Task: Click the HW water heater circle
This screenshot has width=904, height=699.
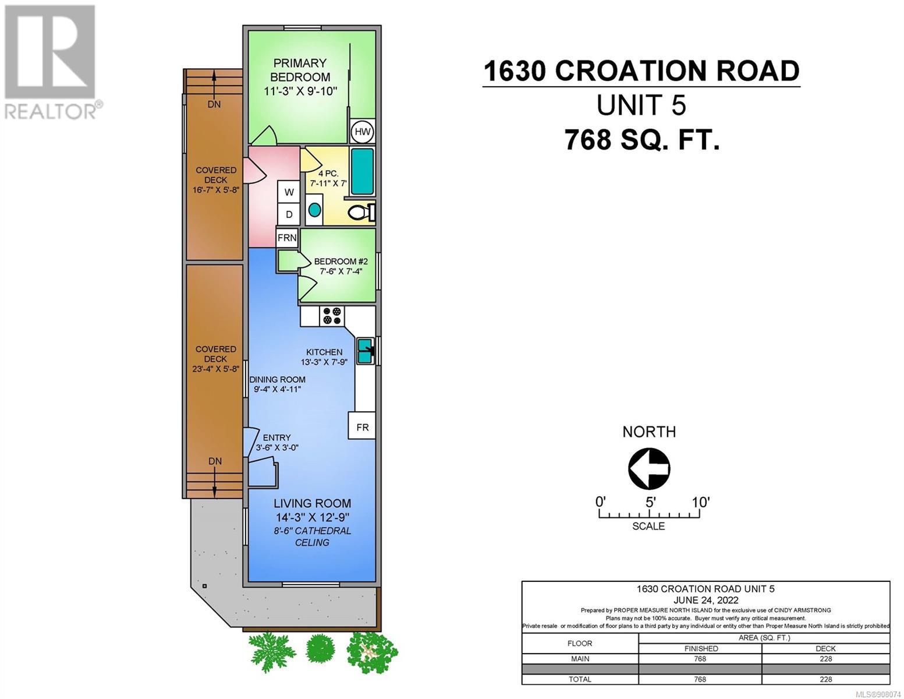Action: click(x=362, y=132)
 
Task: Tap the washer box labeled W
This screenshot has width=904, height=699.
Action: click(x=289, y=192)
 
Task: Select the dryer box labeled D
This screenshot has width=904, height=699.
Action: click(x=289, y=214)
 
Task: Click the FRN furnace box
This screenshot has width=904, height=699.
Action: click(x=287, y=238)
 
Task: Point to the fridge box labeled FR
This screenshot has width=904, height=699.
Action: click(x=362, y=427)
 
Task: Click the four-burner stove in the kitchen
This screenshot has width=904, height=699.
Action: click(x=332, y=316)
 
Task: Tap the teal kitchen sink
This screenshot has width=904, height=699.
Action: click(x=366, y=351)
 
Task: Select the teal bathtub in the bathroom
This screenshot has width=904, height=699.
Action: click(x=362, y=171)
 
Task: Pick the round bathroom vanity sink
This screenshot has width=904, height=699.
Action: click(x=315, y=209)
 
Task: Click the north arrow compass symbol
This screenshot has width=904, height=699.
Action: click(x=649, y=469)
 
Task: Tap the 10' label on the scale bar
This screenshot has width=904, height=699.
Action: click(x=701, y=503)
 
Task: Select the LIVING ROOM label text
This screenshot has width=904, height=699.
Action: click(x=312, y=503)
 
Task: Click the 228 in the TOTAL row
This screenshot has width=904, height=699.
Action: click(x=825, y=679)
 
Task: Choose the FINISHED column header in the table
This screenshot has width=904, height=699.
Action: click(x=701, y=649)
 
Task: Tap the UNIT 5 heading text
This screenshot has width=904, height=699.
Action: click(x=641, y=105)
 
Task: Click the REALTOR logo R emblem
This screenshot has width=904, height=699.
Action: click(x=50, y=52)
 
